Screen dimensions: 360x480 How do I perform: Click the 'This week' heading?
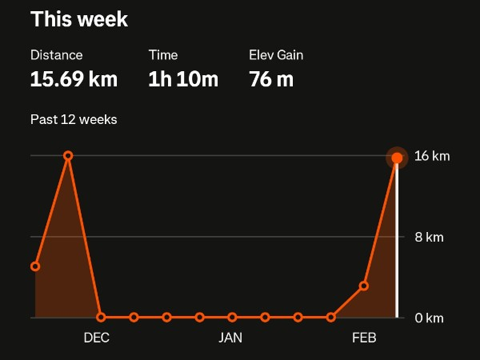(x=78, y=19)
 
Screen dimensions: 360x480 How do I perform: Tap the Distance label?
(x=56, y=55)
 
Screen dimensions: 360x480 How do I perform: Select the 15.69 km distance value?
(x=74, y=79)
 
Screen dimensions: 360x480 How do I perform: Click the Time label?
(x=163, y=55)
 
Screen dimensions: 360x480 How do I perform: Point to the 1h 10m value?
(x=183, y=79)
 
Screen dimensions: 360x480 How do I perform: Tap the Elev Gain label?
(x=276, y=55)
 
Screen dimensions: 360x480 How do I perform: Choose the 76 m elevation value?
(x=271, y=79)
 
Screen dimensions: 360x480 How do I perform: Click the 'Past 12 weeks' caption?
(x=74, y=120)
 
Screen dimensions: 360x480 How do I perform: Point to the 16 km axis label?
(x=432, y=156)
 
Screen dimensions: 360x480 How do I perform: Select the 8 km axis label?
(x=429, y=237)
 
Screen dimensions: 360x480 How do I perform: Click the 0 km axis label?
(x=429, y=318)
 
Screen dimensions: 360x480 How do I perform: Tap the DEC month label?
(x=96, y=338)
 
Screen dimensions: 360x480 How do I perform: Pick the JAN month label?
(x=230, y=338)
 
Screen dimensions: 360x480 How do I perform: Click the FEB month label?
(x=364, y=338)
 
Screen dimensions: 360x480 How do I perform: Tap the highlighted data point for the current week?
(x=397, y=158)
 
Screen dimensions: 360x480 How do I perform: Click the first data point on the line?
(x=35, y=266)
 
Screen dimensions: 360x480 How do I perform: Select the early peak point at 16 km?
(x=68, y=156)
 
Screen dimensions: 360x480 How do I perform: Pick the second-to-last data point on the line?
(x=363, y=286)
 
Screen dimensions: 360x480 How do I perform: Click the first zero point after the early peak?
(x=101, y=318)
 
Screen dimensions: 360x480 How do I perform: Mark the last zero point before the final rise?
(x=330, y=318)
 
